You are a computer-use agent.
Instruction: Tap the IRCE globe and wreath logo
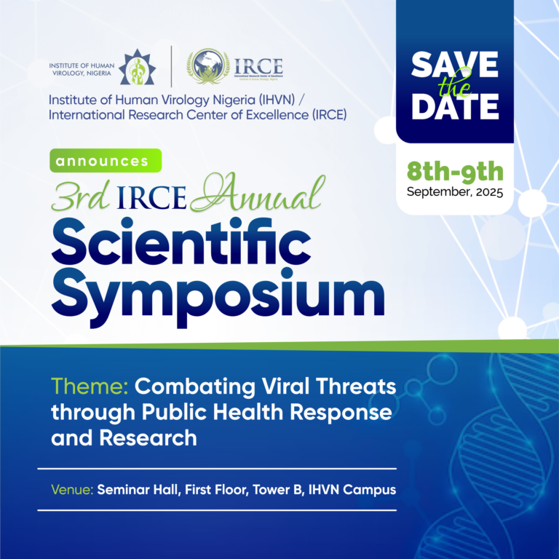pos(207,66)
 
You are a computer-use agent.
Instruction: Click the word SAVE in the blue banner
pos(455,65)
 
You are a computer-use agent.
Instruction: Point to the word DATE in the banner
pos(455,106)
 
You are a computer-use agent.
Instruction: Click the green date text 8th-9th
pos(455,173)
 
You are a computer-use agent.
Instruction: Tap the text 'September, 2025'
pos(455,192)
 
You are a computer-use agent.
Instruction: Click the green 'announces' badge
pos(105,159)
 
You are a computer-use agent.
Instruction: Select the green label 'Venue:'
pos(71,489)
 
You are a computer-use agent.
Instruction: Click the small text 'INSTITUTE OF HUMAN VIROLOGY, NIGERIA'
pos(80,67)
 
